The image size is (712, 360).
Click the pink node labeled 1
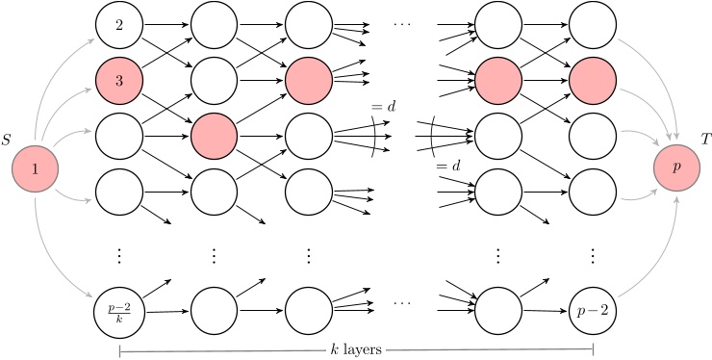35,169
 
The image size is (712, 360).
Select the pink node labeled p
676,166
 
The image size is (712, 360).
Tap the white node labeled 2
119,26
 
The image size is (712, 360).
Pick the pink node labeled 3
119,81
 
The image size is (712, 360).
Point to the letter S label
8,141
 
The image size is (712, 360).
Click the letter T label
705,139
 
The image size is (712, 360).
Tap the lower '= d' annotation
448,167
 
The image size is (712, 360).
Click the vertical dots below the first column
119,255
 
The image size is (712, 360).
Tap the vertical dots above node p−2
592,255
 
